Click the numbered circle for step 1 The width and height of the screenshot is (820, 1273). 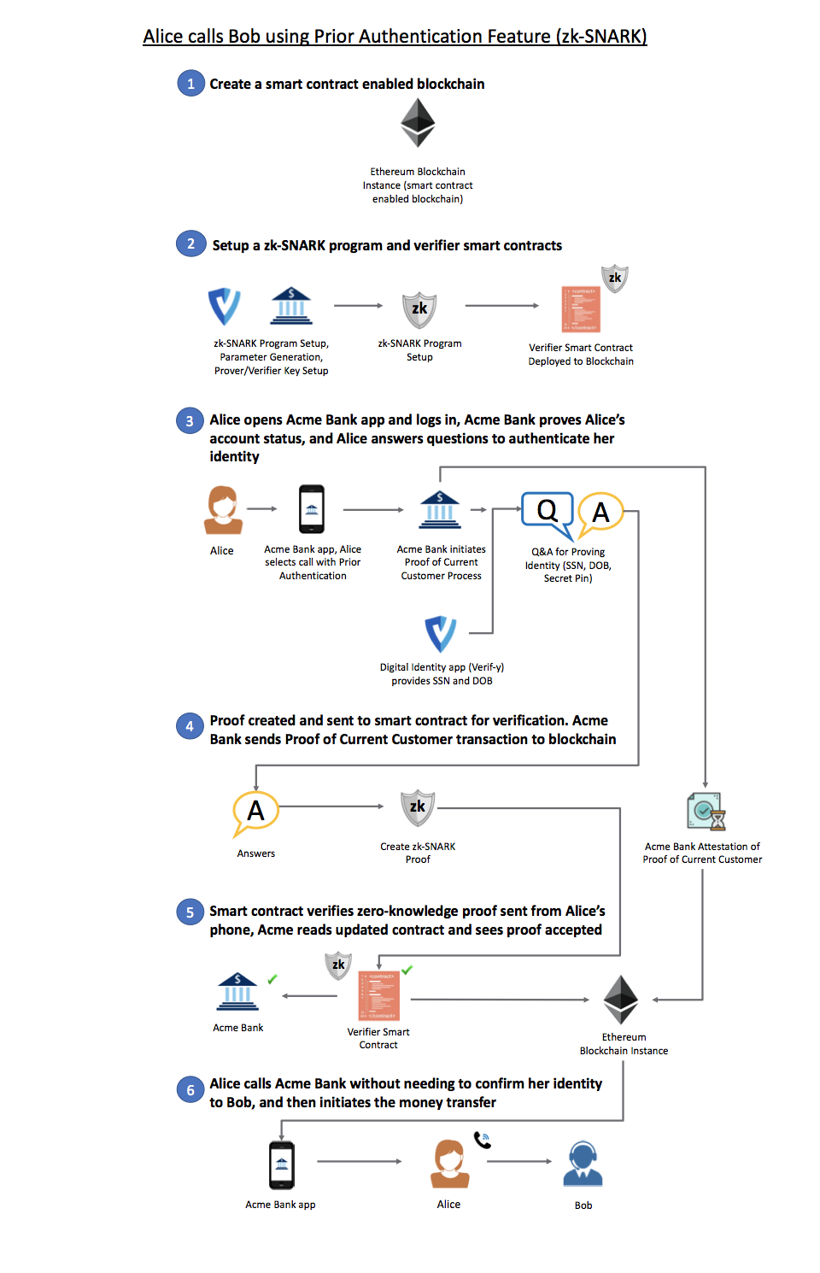click(191, 84)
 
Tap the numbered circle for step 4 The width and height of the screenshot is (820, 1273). click(190, 725)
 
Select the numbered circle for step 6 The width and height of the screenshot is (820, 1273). click(190, 1089)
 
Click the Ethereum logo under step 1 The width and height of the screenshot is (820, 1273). click(418, 123)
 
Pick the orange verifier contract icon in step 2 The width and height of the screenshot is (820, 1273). click(581, 309)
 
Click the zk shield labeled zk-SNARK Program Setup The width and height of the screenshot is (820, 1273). click(419, 310)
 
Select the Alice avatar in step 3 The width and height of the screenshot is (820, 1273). click(223, 510)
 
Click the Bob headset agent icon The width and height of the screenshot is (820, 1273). click(583, 1164)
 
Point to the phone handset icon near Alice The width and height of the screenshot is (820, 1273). click(483, 1140)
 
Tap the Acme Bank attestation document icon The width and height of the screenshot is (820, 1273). click(706, 812)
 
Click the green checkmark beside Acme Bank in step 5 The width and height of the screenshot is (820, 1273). click(272, 978)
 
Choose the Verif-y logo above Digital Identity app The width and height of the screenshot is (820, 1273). click(441, 633)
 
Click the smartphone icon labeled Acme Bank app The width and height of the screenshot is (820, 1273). click(281, 1165)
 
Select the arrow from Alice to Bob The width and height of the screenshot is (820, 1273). click(518, 1161)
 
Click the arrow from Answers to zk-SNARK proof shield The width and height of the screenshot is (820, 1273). click(331, 807)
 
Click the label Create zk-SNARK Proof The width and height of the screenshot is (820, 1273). click(418, 853)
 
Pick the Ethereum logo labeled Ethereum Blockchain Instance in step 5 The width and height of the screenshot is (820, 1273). click(620, 1000)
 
